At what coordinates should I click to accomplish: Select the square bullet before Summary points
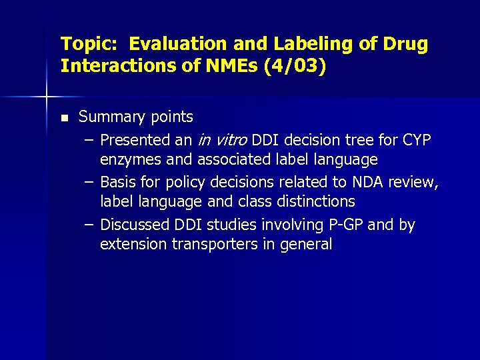[64, 118]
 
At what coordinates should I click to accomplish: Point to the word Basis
[119, 182]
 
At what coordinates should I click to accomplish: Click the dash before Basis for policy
[89, 182]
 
